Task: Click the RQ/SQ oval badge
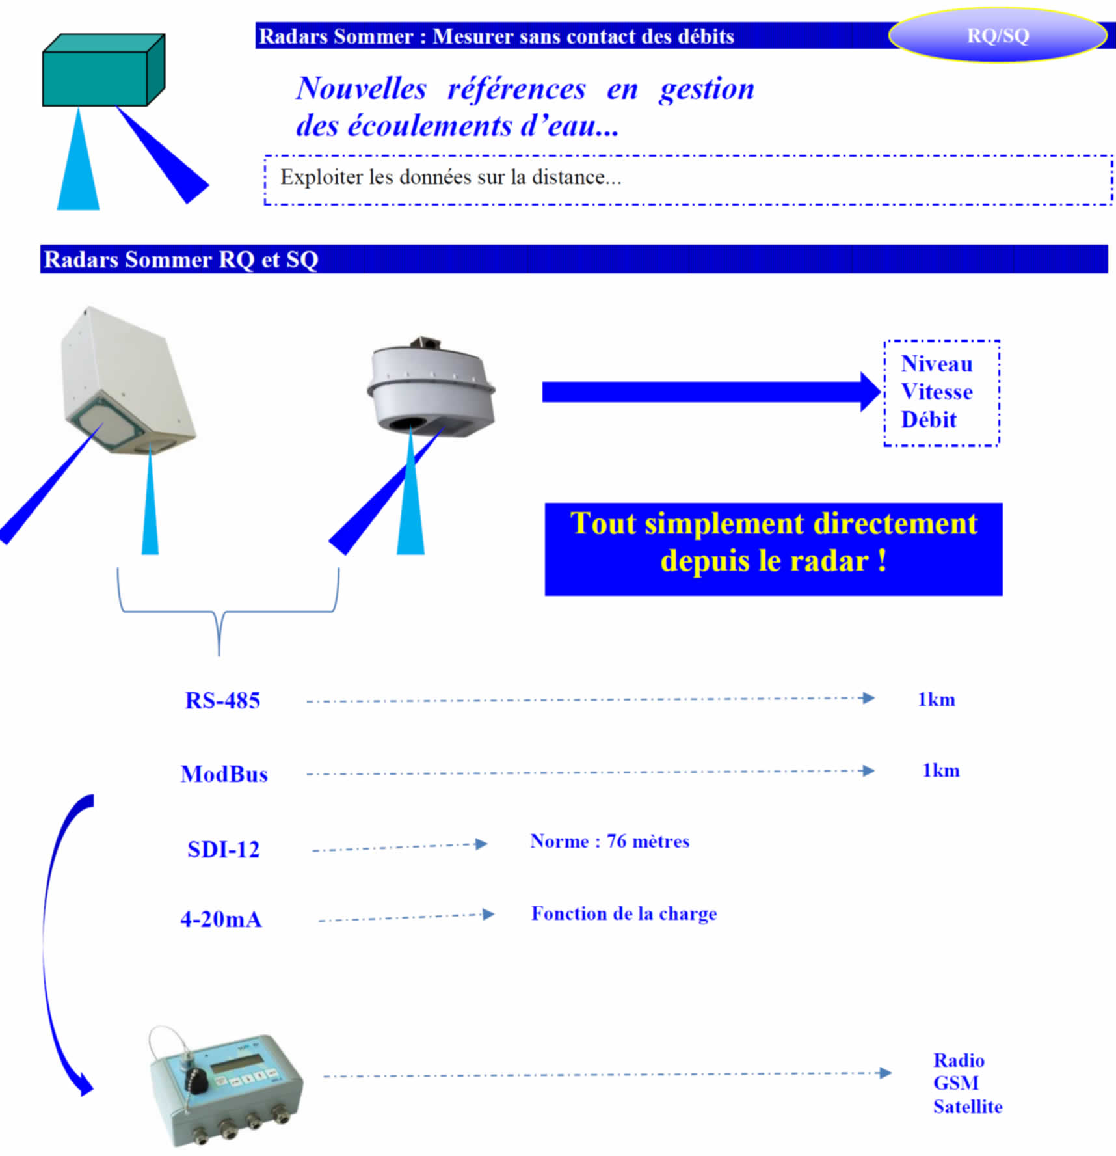tap(998, 35)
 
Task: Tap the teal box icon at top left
tap(103, 70)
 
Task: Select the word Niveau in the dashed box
tap(937, 364)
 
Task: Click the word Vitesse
tap(937, 392)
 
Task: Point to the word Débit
tap(929, 420)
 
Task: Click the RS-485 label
tap(222, 701)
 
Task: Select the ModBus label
tap(224, 774)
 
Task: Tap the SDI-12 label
tap(223, 850)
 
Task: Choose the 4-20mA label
tap(221, 919)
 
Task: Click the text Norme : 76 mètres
tap(609, 841)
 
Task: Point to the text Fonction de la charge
tap(624, 914)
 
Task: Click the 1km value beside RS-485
tap(937, 700)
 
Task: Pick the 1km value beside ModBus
tap(941, 771)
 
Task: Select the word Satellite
tap(968, 1107)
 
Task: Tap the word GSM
tap(956, 1083)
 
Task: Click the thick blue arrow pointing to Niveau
tap(711, 392)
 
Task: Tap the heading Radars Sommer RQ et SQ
tap(181, 260)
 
